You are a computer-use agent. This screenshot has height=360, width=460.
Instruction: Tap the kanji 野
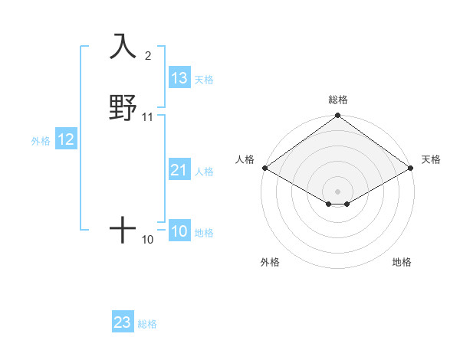pyautogui.click(x=123, y=107)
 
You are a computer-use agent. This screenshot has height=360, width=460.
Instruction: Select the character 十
pyautogui.click(x=123, y=229)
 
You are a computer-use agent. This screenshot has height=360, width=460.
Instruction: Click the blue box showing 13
pyautogui.click(x=179, y=78)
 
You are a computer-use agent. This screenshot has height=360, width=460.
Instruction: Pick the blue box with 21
pyautogui.click(x=179, y=171)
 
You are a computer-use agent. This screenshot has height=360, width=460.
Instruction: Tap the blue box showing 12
pyautogui.click(x=65, y=139)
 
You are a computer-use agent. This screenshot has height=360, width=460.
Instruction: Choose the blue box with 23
pyautogui.click(x=123, y=322)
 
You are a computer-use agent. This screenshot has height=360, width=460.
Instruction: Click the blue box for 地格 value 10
pyautogui.click(x=179, y=232)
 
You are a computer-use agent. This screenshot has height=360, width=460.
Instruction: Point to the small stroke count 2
pyautogui.click(x=148, y=55)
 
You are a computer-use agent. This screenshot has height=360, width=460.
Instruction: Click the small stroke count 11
pyautogui.click(x=148, y=117)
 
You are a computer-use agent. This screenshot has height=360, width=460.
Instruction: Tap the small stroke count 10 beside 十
pyautogui.click(x=148, y=240)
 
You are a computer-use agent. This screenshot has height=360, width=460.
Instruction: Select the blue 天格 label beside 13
pyautogui.click(x=204, y=79)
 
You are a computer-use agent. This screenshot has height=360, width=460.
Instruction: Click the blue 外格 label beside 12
pyautogui.click(x=41, y=140)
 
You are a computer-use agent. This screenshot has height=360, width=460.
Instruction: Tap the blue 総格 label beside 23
pyautogui.click(x=147, y=323)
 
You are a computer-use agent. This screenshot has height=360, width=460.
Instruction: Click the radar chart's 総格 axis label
pyautogui.click(x=337, y=100)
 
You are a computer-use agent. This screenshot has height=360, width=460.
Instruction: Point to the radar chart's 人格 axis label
pyautogui.click(x=245, y=159)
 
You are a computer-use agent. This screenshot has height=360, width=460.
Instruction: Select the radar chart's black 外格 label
pyautogui.click(x=270, y=262)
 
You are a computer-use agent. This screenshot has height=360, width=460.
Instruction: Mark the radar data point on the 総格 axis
pyautogui.click(x=337, y=116)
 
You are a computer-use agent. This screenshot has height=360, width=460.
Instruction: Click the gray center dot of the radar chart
pyautogui.click(x=337, y=191)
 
